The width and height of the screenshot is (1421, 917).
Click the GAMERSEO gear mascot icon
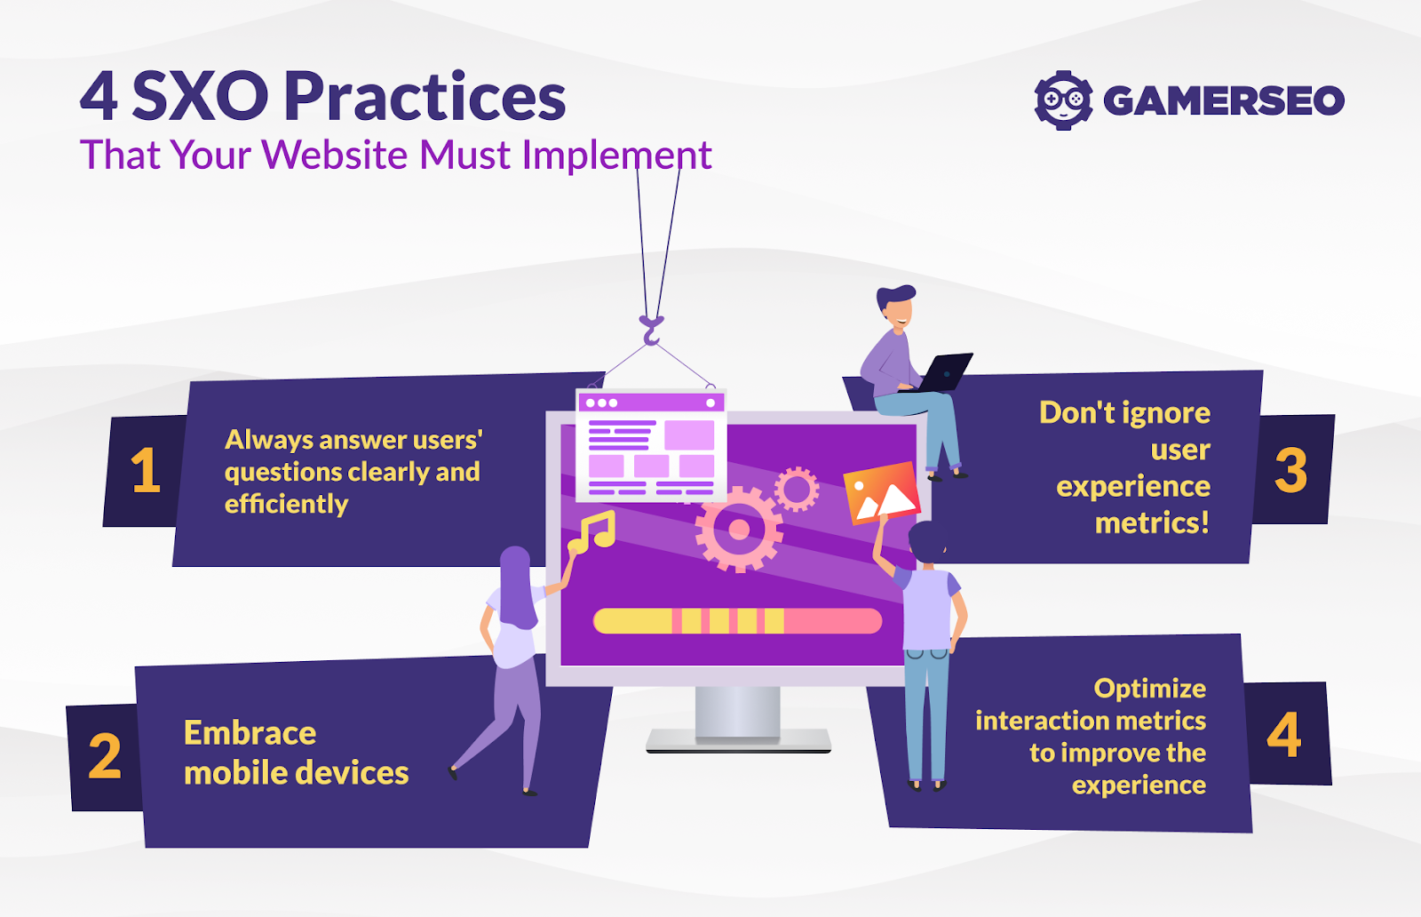click(1063, 100)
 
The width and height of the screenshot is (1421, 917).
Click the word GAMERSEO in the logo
click(1224, 100)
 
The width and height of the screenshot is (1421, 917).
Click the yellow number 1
click(145, 470)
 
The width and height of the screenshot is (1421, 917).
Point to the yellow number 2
click(105, 757)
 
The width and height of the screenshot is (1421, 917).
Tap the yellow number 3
click(1290, 470)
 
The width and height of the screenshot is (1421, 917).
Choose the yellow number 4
click(1284, 735)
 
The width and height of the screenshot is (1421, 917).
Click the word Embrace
click(250, 733)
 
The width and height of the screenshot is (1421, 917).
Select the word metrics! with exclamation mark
click(1152, 522)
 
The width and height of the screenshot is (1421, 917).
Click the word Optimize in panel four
click(1149, 689)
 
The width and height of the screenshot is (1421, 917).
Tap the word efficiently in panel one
click(286, 504)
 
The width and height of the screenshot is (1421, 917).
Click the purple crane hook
click(651, 330)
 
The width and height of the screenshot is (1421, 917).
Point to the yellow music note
click(592, 531)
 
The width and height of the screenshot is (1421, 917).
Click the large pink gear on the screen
click(738, 530)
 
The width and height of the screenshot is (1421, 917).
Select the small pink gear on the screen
click(797, 489)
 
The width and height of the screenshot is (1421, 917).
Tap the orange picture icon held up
click(881, 493)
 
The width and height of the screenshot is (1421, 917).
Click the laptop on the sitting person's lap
click(943, 371)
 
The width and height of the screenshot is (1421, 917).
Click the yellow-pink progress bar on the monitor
click(737, 620)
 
